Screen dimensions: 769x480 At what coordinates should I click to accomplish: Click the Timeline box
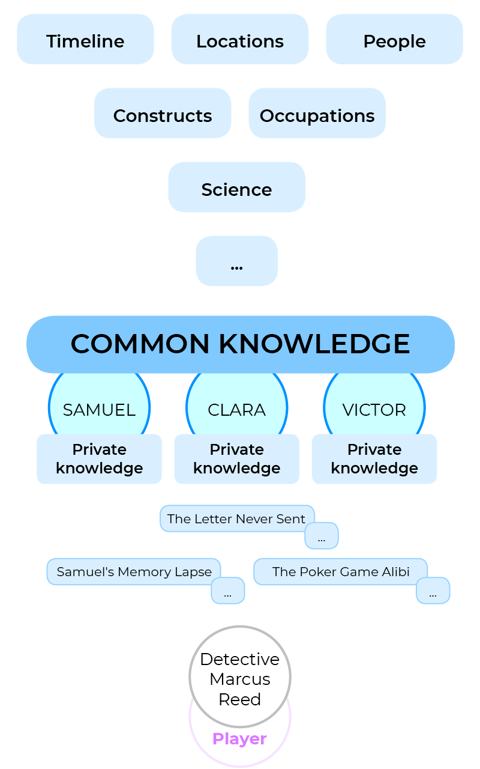(85, 40)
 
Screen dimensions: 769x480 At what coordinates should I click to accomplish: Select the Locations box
(240, 40)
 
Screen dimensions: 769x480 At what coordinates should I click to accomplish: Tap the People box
(394, 40)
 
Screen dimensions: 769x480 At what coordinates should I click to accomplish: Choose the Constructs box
(163, 114)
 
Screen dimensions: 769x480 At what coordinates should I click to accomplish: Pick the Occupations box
(317, 114)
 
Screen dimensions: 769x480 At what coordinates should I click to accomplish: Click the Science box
(236, 187)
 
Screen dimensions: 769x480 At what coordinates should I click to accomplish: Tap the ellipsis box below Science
(236, 261)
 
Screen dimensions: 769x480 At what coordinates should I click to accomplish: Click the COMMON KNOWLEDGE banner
(240, 344)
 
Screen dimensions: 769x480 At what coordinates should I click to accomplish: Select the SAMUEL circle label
(99, 410)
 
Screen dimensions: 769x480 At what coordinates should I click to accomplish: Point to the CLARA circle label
(236, 410)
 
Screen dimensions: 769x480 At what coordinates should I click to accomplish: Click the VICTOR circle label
(374, 410)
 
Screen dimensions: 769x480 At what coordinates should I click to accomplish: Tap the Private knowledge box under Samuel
(99, 459)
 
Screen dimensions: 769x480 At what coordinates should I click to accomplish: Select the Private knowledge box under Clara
(236, 459)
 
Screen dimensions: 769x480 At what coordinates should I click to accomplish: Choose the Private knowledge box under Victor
(374, 459)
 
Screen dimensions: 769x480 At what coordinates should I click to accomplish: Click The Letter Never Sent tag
(236, 518)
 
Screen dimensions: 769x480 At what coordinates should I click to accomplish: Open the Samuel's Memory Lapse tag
(134, 571)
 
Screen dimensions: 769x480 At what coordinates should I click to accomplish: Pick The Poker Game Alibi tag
(340, 571)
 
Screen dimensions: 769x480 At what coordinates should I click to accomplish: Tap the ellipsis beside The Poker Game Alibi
(433, 592)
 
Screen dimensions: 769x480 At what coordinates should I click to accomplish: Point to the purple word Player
(239, 738)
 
